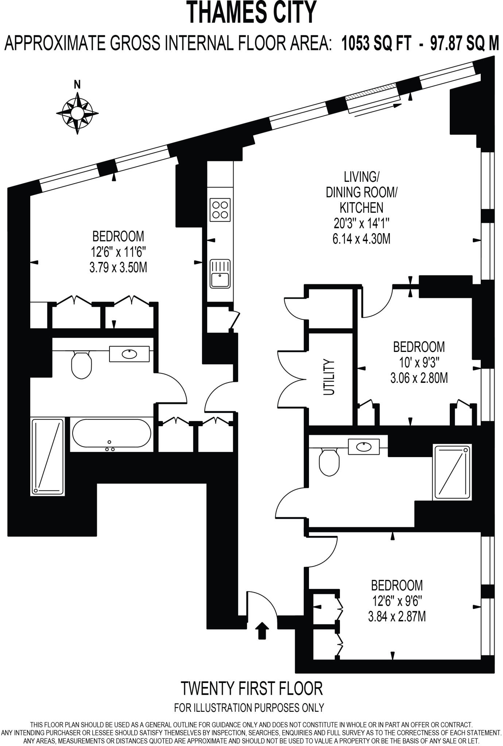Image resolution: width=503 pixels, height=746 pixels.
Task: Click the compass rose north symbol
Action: coord(77,113)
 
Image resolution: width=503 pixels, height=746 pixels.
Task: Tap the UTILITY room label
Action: coord(329,377)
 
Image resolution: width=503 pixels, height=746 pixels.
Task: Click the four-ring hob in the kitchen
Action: coord(220,210)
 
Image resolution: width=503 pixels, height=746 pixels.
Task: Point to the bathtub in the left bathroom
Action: coord(111,433)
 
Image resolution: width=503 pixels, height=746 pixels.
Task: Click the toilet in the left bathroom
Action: coord(81,364)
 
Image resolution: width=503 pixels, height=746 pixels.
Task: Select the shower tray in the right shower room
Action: coord(452,472)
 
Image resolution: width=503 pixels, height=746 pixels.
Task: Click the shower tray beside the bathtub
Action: coord(48,457)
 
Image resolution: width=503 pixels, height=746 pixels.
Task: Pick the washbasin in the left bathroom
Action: coord(129,354)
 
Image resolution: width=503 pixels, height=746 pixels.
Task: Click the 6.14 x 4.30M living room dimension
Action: coord(361,239)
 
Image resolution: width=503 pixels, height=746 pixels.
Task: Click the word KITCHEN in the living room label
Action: coord(361,208)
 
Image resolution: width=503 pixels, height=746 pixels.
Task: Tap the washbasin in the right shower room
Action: coord(364,446)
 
